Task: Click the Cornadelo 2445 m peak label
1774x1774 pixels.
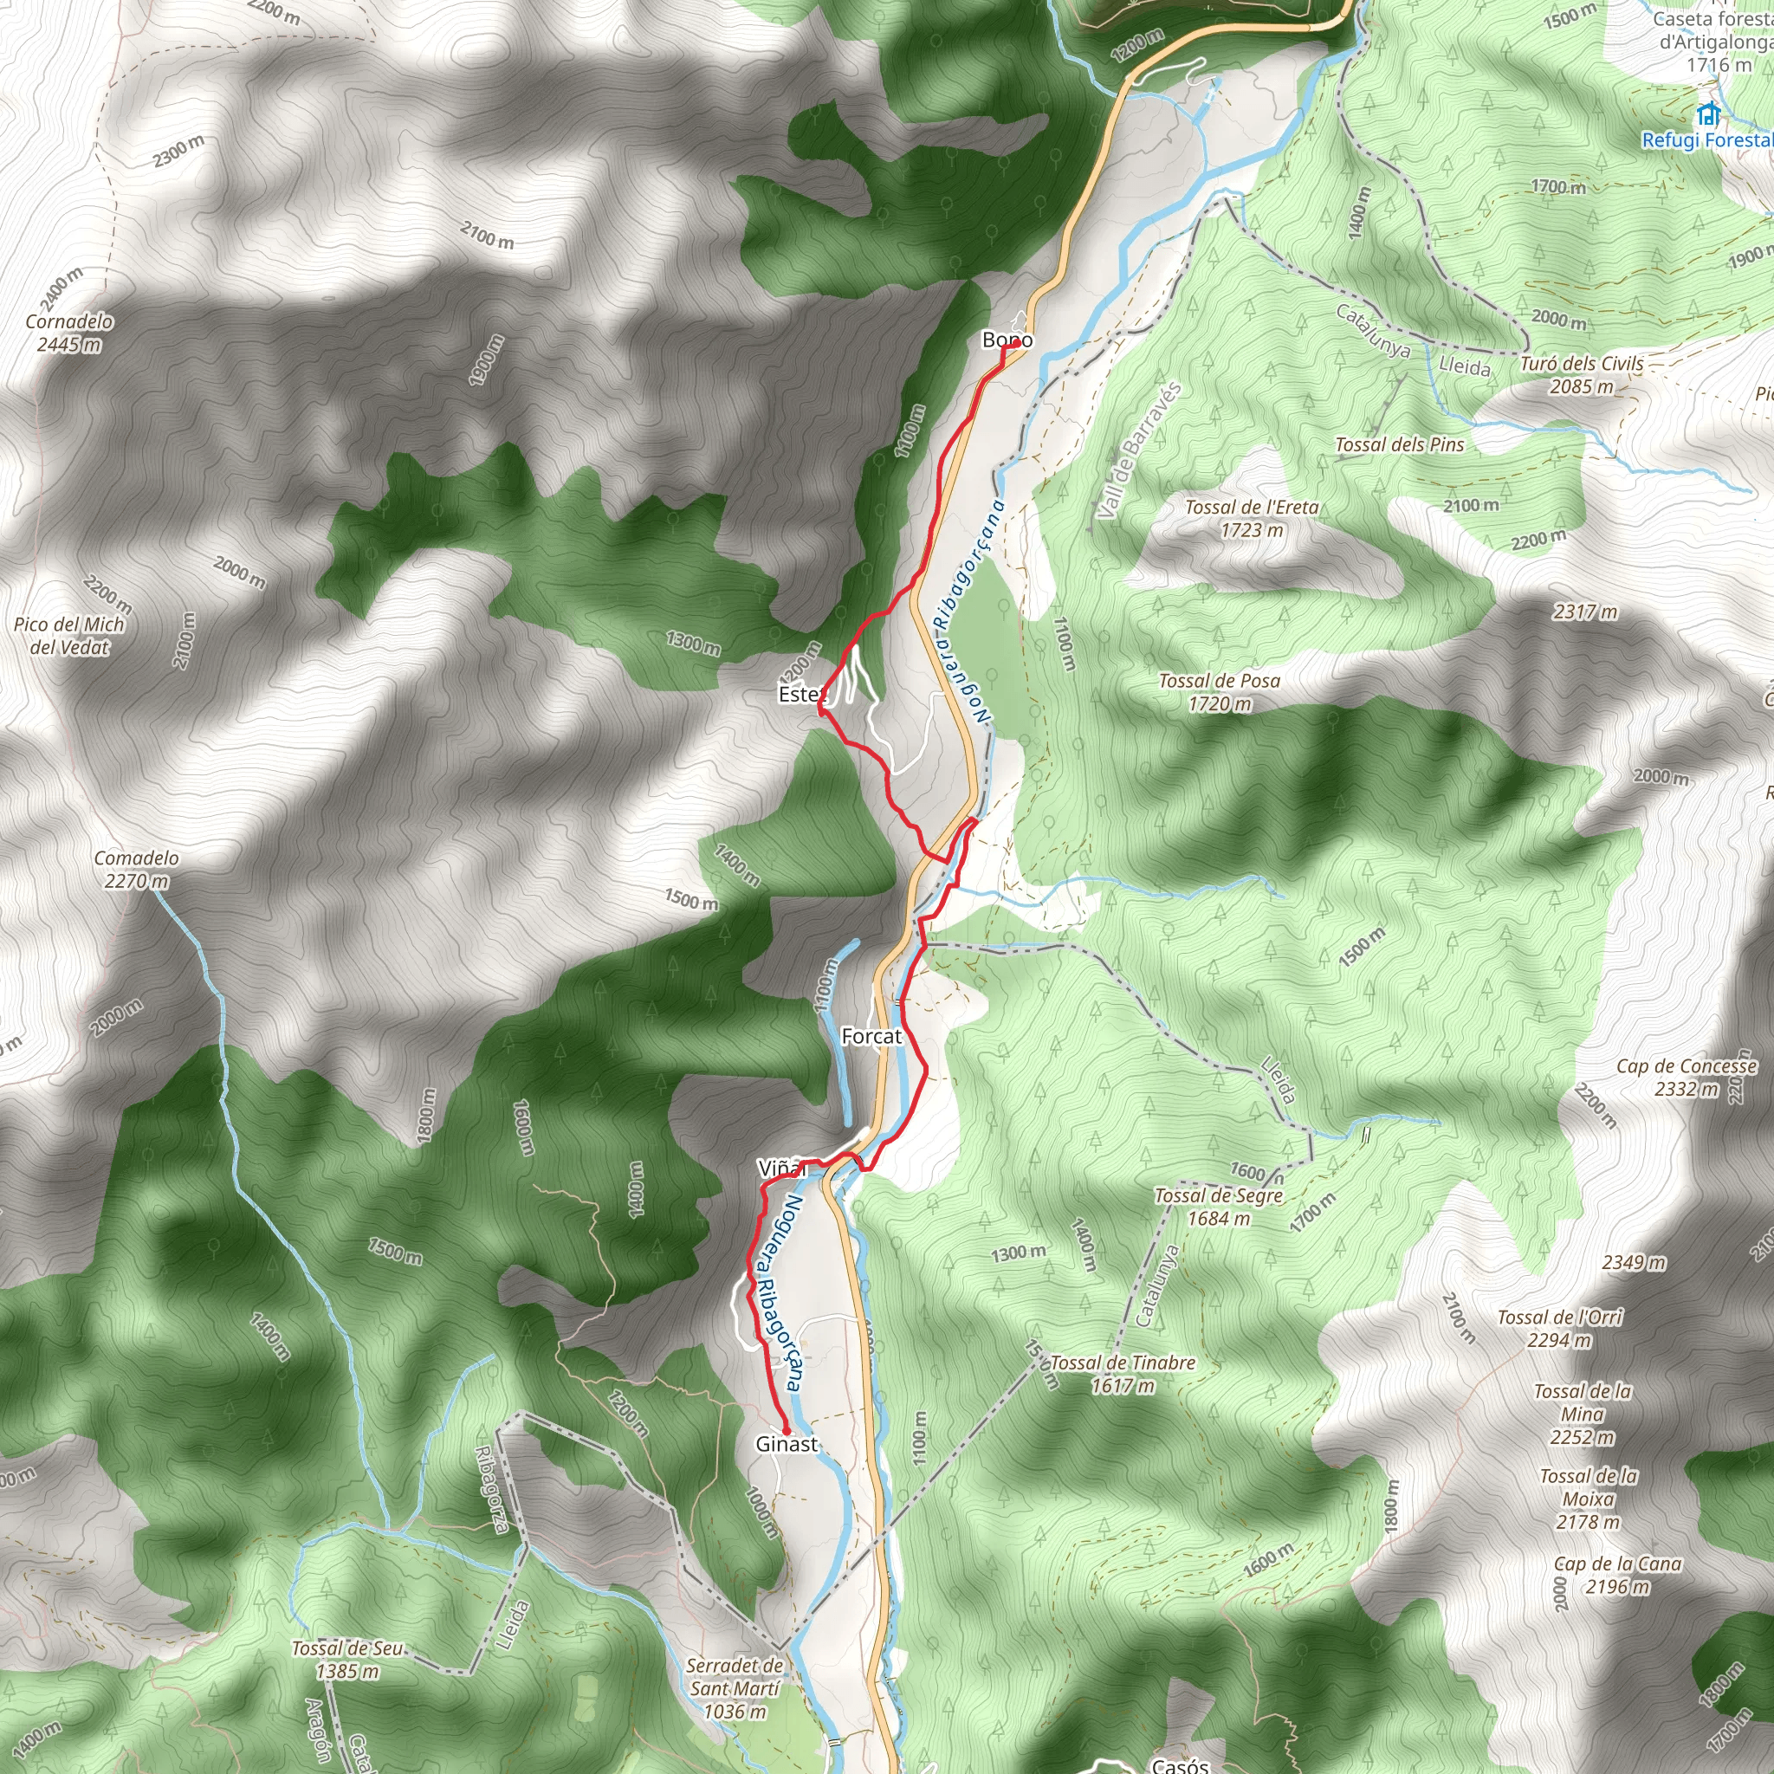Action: pyautogui.click(x=70, y=333)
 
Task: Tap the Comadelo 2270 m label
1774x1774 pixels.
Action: pyautogui.click(x=137, y=869)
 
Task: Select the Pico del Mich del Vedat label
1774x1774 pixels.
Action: pyautogui.click(x=69, y=636)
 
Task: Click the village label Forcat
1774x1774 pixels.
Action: pyautogui.click(x=871, y=1036)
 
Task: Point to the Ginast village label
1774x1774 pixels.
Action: pyautogui.click(x=786, y=1443)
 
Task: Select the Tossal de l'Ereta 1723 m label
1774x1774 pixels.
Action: pyautogui.click(x=1252, y=518)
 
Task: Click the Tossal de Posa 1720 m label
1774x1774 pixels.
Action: pyautogui.click(x=1220, y=691)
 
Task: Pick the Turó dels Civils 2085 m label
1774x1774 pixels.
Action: pyautogui.click(x=1582, y=374)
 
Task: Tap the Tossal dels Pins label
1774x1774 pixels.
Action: pyautogui.click(x=1400, y=444)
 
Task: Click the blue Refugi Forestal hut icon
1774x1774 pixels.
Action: pyautogui.click(x=1708, y=116)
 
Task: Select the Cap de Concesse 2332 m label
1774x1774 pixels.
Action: pyautogui.click(x=1687, y=1077)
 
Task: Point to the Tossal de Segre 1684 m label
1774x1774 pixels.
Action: pyautogui.click(x=1219, y=1207)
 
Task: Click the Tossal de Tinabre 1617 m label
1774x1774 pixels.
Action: pyautogui.click(x=1122, y=1374)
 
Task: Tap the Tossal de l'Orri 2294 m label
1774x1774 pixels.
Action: pyautogui.click(x=1560, y=1329)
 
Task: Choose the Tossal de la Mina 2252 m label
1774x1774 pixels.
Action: pyautogui.click(x=1583, y=1414)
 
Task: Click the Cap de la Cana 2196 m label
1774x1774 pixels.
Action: pyautogui.click(x=1618, y=1575)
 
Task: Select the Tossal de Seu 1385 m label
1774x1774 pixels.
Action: pyautogui.click(x=347, y=1659)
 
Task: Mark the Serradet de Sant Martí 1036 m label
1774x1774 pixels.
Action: pyautogui.click(x=735, y=1687)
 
